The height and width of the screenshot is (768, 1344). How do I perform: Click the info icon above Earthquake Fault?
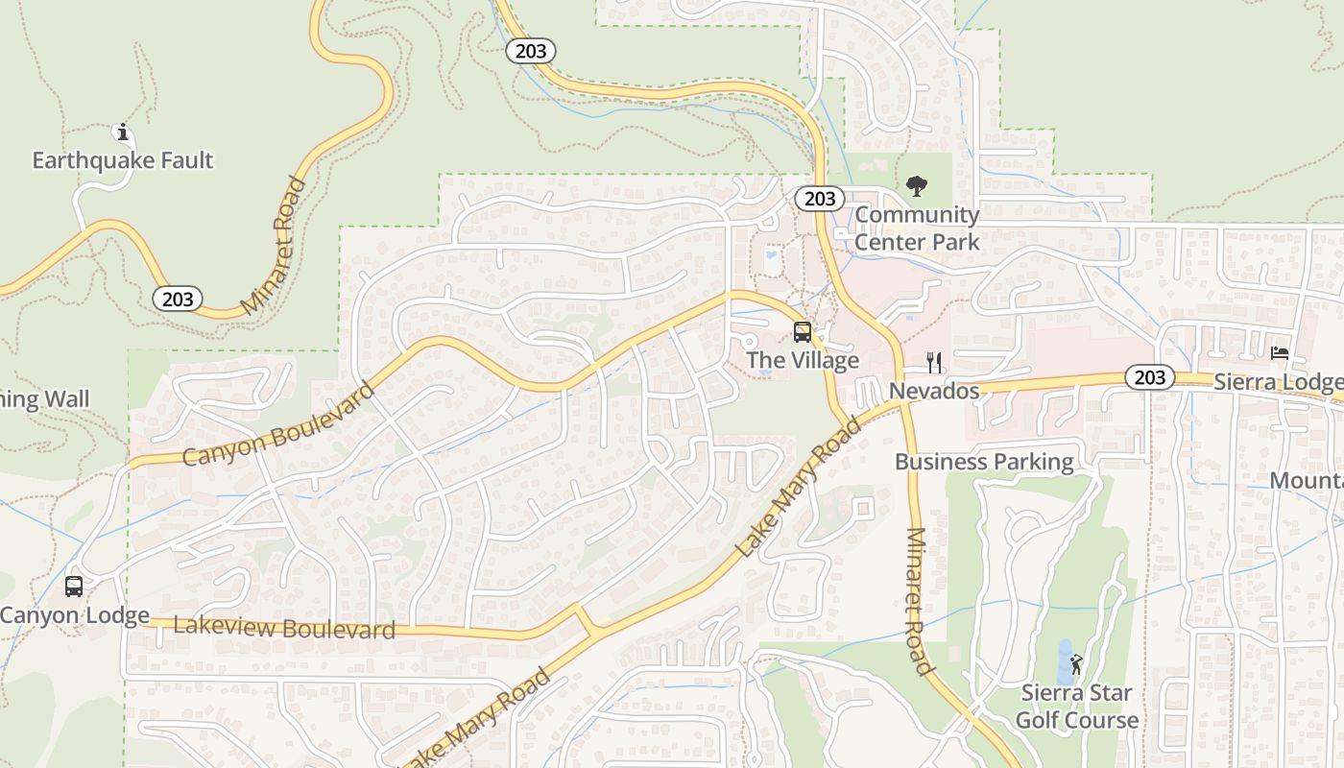[122, 132]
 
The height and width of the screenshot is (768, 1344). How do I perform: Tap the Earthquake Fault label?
[122, 160]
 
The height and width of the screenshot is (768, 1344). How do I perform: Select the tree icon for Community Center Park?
[917, 186]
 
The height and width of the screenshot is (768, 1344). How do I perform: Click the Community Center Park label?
[917, 228]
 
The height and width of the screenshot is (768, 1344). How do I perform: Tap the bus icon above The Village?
[803, 333]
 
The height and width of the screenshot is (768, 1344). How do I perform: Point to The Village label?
[803, 361]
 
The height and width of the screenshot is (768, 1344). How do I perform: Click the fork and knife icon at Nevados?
[934, 363]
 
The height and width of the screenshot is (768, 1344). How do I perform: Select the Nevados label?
[933, 391]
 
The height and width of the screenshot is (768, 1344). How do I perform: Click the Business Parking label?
[984, 462]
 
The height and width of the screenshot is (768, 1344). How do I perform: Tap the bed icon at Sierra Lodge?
[1280, 353]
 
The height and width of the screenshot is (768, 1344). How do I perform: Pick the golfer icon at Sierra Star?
[1076, 664]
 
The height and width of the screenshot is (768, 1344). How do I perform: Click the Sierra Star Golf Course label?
[1076, 707]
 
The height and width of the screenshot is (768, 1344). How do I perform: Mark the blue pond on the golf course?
[1065, 661]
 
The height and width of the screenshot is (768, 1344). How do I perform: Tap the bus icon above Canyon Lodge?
[74, 587]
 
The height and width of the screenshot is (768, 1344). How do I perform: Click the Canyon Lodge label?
[75, 615]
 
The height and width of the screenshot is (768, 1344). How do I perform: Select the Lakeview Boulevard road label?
[271, 629]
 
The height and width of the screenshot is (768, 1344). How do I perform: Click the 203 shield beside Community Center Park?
[819, 199]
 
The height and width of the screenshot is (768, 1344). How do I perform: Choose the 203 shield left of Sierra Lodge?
[1148, 377]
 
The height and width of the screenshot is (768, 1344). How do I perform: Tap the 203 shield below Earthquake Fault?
[178, 299]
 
